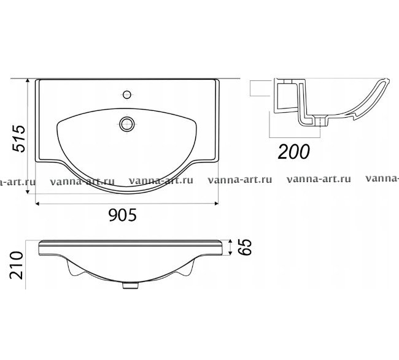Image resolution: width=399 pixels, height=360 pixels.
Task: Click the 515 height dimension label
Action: (20, 139)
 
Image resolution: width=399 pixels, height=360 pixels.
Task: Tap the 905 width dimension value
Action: (123, 215)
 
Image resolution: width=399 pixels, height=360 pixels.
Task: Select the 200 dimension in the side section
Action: (294, 151)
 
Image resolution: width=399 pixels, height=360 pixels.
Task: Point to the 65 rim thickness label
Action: (246, 247)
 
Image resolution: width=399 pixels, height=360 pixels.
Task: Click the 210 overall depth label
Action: (17, 265)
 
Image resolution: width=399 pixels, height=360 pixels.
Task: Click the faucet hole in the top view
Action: (126, 94)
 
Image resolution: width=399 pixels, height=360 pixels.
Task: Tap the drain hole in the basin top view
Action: (127, 124)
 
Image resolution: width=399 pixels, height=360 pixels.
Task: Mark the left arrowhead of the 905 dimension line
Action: (37, 204)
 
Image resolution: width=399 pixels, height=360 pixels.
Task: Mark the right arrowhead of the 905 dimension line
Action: (217, 204)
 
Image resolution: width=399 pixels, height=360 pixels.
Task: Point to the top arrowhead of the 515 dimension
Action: (28, 81)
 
